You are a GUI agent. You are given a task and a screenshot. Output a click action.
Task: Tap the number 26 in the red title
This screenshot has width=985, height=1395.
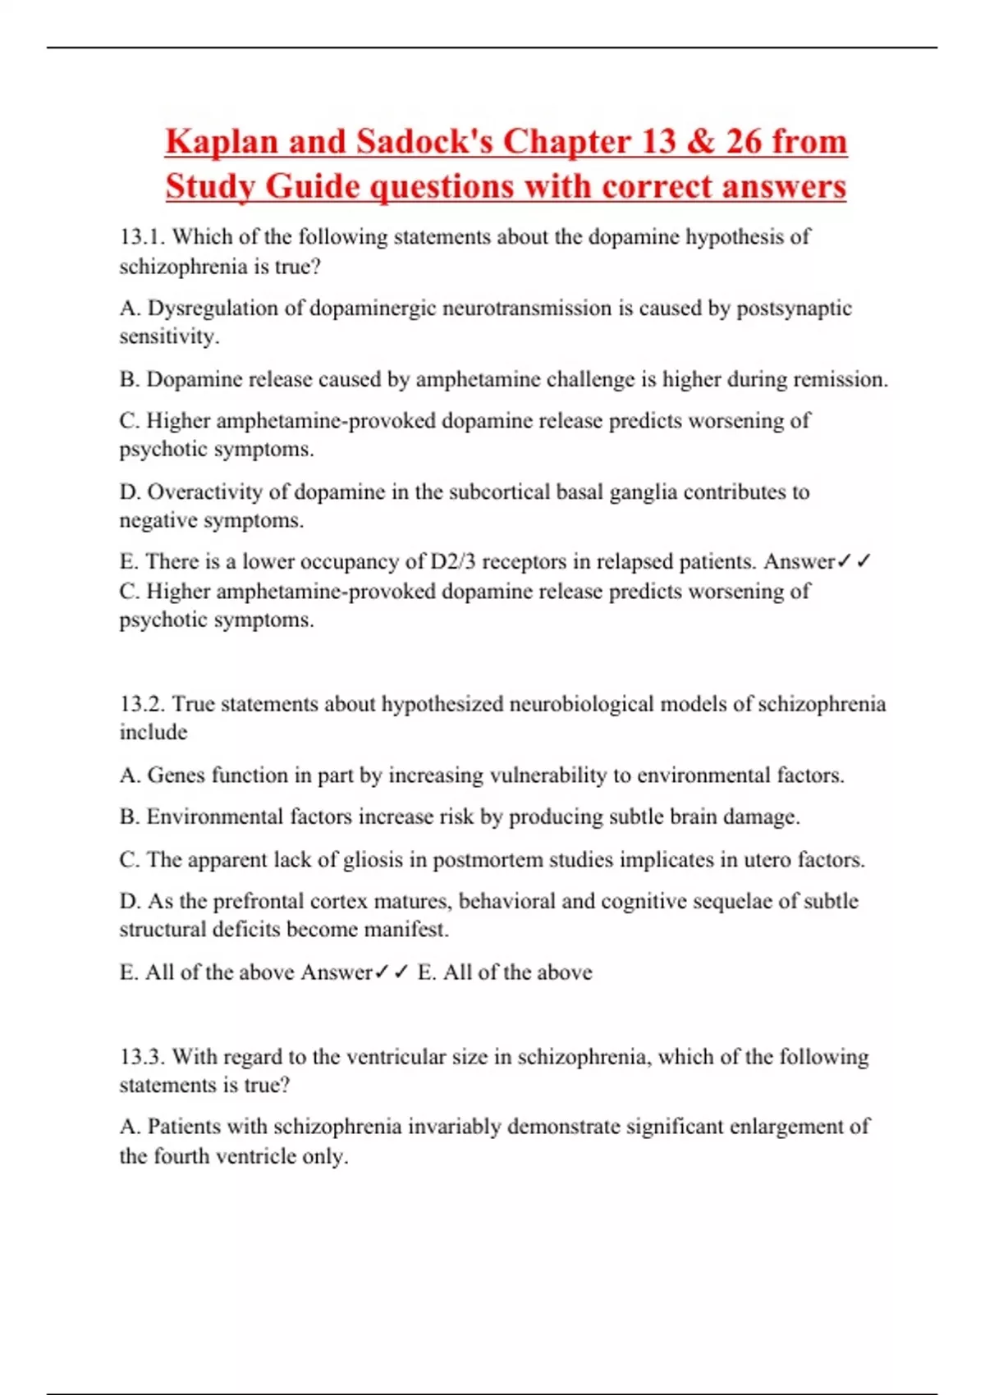pyautogui.click(x=744, y=142)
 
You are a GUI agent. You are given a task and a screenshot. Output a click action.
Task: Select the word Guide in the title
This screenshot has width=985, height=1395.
pyautogui.click(x=313, y=186)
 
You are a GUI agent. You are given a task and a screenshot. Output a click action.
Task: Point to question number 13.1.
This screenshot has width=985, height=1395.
pyautogui.click(x=142, y=237)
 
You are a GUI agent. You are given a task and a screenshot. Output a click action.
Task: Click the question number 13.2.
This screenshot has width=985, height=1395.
pyautogui.click(x=142, y=704)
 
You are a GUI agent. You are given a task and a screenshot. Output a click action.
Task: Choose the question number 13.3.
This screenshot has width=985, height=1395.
pyautogui.click(x=142, y=1057)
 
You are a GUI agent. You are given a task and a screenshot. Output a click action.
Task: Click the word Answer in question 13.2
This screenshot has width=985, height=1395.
pyautogui.click(x=337, y=972)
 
